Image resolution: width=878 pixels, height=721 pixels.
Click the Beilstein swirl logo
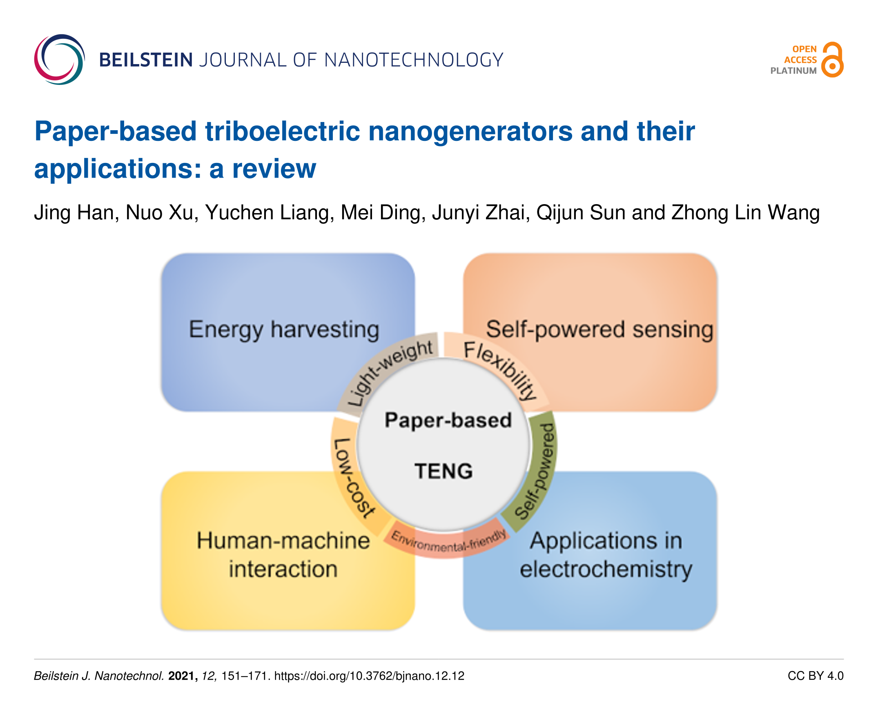pos(59,59)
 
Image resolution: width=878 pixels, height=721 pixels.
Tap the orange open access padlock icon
pos(832,59)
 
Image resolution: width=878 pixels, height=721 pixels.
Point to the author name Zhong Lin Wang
pos(746,212)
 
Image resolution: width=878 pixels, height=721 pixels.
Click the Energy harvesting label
pos(284,330)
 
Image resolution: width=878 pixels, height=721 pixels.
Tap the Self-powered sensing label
pos(599,330)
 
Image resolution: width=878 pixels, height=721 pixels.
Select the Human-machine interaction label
pos(283,555)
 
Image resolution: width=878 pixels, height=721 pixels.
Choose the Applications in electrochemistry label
pos(606,555)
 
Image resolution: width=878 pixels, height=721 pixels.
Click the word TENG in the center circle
pos(443,472)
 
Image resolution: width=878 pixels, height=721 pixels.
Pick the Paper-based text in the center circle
pos(448,420)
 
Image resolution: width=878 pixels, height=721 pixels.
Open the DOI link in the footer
pos(369,676)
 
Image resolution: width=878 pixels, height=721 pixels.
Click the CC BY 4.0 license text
pos(816,676)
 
